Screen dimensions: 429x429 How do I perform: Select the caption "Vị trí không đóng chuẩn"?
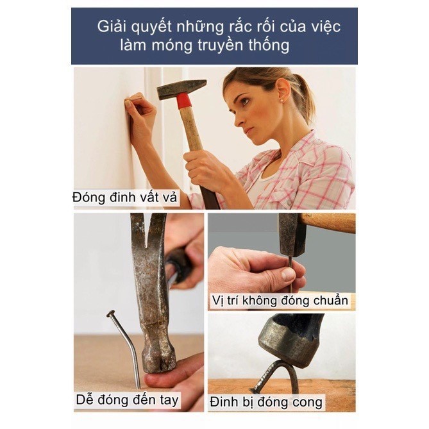280,300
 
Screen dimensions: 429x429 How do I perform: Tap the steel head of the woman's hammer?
180,88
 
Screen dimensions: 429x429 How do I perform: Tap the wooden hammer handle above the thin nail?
330,223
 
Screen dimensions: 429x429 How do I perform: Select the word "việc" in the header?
323,27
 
